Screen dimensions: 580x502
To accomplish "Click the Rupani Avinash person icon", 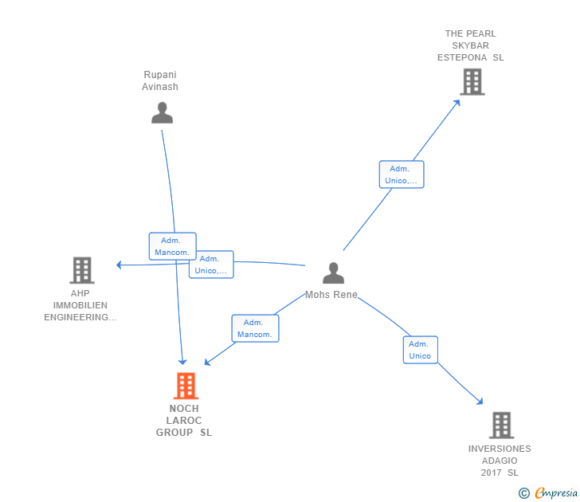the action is pyautogui.click(x=162, y=113).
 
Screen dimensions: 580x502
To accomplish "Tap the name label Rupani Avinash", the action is pyautogui.click(x=160, y=80).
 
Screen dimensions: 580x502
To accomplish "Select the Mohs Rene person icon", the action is pyautogui.click(x=333, y=273).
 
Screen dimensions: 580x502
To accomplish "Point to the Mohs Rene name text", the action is pyautogui.click(x=331, y=295).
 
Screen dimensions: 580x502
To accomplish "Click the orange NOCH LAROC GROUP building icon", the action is pyautogui.click(x=186, y=386).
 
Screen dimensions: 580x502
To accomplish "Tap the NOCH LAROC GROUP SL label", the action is pyautogui.click(x=184, y=420).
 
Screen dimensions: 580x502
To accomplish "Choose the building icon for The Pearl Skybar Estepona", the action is pyautogui.click(x=472, y=82).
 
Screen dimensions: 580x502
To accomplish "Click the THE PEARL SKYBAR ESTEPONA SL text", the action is pyautogui.click(x=471, y=45).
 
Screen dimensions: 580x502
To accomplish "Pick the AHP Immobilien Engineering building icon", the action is pyautogui.click(x=82, y=270).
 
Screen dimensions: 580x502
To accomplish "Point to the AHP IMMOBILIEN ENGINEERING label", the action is pyautogui.click(x=80, y=305).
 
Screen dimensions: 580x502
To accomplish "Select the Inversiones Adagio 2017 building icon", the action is pyautogui.click(x=502, y=426).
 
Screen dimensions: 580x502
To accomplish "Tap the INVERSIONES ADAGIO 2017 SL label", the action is pyautogui.click(x=500, y=461).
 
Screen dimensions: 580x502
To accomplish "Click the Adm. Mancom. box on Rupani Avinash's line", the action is pyautogui.click(x=172, y=246).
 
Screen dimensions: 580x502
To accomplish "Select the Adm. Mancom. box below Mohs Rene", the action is pyautogui.click(x=255, y=328).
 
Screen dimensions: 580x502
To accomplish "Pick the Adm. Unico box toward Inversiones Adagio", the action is pyautogui.click(x=420, y=350).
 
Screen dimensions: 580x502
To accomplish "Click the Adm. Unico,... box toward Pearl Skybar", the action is pyautogui.click(x=402, y=175).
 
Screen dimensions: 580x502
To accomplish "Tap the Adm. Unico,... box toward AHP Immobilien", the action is pyautogui.click(x=211, y=265).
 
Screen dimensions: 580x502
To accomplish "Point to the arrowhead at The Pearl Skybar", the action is pyautogui.click(x=457, y=102).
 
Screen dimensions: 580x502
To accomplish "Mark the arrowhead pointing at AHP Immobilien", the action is pyautogui.click(x=119, y=265).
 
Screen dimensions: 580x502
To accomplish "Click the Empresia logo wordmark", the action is pyautogui.click(x=556, y=493).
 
